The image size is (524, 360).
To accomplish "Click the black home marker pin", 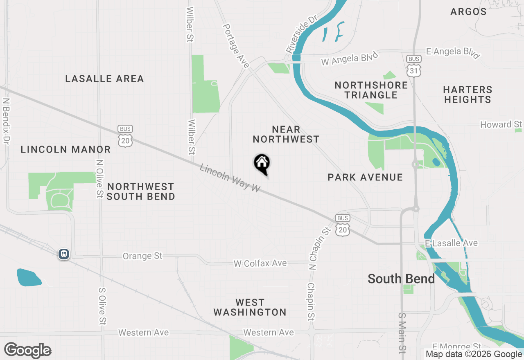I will click(x=262, y=164).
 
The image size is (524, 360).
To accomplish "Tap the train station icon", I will click(x=64, y=254).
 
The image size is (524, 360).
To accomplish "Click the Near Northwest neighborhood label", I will click(x=286, y=135).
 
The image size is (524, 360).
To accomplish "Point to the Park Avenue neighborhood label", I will click(x=365, y=177).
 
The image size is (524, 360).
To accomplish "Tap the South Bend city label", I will click(x=401, y=279).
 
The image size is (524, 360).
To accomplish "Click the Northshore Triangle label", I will click(x=371, y=90).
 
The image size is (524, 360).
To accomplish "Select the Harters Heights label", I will click(x=468, y=94).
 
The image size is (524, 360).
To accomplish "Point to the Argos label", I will click(x=468, y=11).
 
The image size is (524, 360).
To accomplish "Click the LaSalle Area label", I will click(x=105, y=79).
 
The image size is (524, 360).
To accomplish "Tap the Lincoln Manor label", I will click(x=66, y=149).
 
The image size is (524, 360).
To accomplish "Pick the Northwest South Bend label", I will click(x=141, y=191).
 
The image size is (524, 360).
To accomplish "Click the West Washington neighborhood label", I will click(x=250, y=307).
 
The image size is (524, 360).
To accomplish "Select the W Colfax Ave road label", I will click(x=260, y=263).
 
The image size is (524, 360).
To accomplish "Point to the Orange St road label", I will click(x=142, y=256).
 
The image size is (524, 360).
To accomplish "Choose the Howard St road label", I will click(x=501, y=124).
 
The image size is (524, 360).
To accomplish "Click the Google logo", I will click(x=28, y=350).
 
